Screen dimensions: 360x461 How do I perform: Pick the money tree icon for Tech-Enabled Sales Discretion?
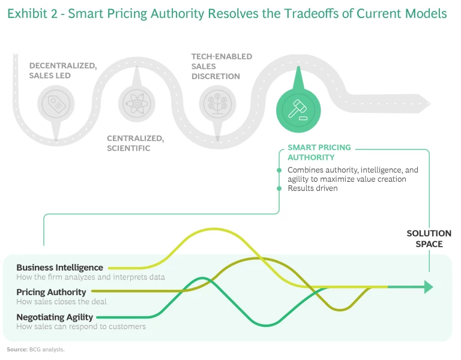(216, 102)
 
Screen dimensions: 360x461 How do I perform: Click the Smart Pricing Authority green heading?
(319, 152)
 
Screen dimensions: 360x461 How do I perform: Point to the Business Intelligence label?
(59, 268)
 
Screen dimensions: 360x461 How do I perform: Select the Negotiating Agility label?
(55, 317)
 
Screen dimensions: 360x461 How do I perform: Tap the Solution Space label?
(429, 239)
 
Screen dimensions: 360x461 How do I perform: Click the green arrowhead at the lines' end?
(427, 287)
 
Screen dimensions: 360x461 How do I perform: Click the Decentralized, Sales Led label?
(62, 70)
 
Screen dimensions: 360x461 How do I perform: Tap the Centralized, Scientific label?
(135, 143)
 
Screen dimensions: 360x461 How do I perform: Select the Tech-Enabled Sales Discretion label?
(221, 66)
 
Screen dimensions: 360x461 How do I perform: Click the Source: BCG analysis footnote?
(35, 349)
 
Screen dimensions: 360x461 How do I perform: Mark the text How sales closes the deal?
(61, 302)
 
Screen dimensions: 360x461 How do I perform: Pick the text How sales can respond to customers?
(80, 326)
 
